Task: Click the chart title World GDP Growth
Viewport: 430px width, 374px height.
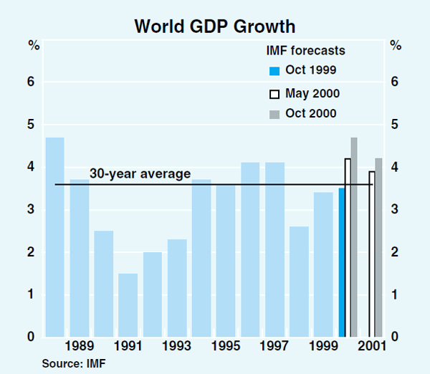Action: [214, 27]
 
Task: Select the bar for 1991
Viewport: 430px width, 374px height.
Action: [128, 305]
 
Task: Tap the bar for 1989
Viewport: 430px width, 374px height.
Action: [80, 258]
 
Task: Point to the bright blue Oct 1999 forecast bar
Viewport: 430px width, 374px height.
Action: [342, 262]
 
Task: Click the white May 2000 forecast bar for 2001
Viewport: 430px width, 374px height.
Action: [371, 254]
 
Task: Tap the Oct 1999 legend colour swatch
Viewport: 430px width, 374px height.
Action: [273, 71]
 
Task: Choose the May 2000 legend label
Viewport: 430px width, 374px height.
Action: [312, 93]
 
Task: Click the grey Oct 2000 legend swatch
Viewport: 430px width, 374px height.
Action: [273, 114]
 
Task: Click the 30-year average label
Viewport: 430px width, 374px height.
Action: [140, 173]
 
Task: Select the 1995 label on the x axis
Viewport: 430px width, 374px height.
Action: [226, 347]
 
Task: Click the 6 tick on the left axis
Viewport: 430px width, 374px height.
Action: [31, 82]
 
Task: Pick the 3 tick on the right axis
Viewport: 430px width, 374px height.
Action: [395, 210]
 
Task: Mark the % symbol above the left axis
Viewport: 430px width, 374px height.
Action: [34, 46]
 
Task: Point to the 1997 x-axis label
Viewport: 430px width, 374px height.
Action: [274, 347]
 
